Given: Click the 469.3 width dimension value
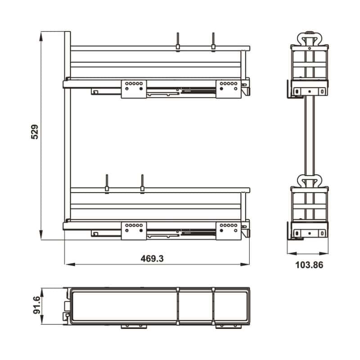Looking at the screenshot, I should tap(152, 258).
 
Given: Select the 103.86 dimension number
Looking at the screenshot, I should tap(309, 265).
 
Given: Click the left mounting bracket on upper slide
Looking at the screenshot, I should tap(134, 88).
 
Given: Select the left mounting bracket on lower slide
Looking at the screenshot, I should tap(134, 229).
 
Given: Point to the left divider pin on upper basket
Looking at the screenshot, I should tap(178, 41).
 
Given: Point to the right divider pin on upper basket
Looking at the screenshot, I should tap(213, 41).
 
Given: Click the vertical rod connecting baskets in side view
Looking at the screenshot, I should tap(309, 135).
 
